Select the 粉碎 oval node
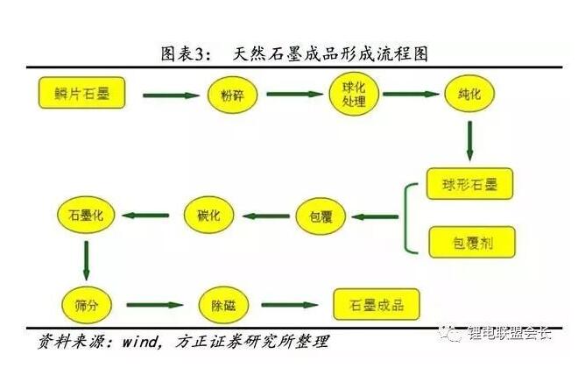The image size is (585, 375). pyautogui.click(x=232, y=96)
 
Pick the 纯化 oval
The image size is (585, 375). pyautogui.click(x=470, y=92)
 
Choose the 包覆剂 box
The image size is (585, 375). pyautogui.click(x=470, y=241)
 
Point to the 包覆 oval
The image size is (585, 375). pyautogui.click(x=321, y=216)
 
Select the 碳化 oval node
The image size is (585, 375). pyautogui.click(x=208, y=215)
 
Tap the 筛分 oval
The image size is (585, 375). pyautogui.click(x=86, y=305)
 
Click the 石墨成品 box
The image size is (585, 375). pyautogui.click(x=377, y=304)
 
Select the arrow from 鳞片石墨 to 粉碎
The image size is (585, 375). pyautogui.click(x=171, y=95)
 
